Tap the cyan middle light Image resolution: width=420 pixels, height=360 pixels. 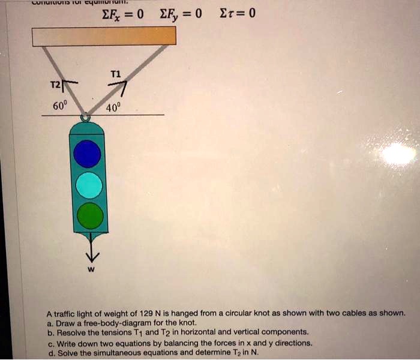point(89,185)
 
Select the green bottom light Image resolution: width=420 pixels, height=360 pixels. point(90,216)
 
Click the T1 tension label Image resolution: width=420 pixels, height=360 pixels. point(116,74)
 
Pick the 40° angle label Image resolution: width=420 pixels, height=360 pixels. point(113,109)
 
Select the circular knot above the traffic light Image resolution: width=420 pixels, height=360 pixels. point(86,118)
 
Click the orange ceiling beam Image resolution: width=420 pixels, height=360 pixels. point(104,35)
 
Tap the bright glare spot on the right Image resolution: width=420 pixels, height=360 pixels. point(398,154)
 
